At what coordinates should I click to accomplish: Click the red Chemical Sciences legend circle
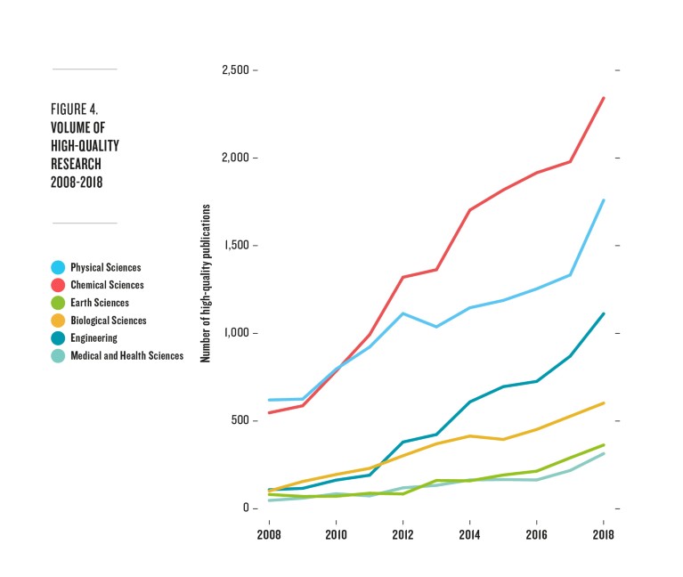(58, 285)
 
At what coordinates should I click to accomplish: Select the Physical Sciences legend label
(106, 267)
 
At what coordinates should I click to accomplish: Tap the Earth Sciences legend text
(99, 303)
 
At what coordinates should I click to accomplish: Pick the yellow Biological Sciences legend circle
(58, 321)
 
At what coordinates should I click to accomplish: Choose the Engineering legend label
(94, 338)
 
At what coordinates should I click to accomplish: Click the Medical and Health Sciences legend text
(127, 356)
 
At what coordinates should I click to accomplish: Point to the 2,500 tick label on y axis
(234, 70)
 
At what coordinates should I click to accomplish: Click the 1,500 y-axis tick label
(236, 246)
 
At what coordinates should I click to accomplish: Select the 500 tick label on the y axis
(240, 421)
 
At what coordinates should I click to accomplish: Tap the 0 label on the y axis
(247, 508)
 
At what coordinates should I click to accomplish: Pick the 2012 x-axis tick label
(402, 535)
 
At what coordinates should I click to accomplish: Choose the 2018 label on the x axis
(603, 535)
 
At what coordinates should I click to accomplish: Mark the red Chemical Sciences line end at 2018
(604, 98)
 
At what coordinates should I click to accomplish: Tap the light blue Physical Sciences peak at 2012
(402, 313)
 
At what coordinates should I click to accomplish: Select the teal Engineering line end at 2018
(604, 313)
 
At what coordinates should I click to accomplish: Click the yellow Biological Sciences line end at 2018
(604, 403)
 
